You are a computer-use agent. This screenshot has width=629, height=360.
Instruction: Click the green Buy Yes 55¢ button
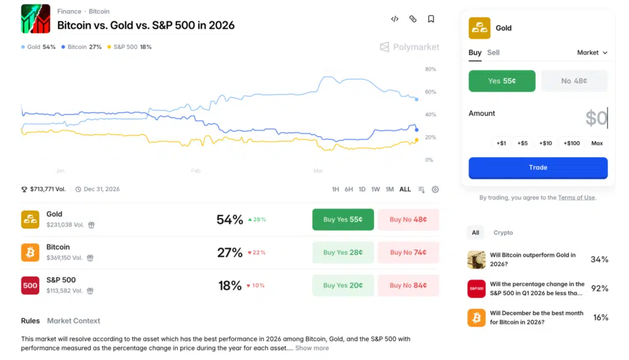point(343,219)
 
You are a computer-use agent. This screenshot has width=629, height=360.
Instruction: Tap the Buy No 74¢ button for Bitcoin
point(408,252)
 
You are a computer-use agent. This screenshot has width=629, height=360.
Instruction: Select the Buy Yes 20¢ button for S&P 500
point(343,285)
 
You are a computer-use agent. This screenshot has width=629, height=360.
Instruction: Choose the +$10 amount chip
point(545,143)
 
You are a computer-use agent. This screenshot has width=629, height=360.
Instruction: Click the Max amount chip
point(596,143)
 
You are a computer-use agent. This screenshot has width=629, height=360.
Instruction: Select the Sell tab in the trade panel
point(493,53)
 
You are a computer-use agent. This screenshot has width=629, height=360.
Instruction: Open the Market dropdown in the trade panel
point(592,53)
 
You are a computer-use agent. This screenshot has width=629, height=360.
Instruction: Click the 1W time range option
point(375,189)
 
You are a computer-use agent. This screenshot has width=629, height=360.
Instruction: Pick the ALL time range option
point(405,189)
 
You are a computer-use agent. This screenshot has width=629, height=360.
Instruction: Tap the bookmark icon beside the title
point(431,19)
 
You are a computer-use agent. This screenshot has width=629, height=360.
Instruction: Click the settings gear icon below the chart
point(435,189)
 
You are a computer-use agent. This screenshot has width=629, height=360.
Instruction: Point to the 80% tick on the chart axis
point(430,69)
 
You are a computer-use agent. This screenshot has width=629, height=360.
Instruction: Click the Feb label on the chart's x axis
point(195,170)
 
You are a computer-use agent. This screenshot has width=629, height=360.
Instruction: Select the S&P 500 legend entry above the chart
point(129,47)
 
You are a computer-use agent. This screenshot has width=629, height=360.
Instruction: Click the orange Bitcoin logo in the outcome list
point(30,252)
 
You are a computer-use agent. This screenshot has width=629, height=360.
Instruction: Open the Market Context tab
point(74,321)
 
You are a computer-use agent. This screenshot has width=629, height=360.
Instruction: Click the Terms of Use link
point(576,198)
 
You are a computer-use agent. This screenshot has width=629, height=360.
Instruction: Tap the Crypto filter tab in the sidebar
point(503,233)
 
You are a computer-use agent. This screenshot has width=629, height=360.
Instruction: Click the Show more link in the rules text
point(312,348)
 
